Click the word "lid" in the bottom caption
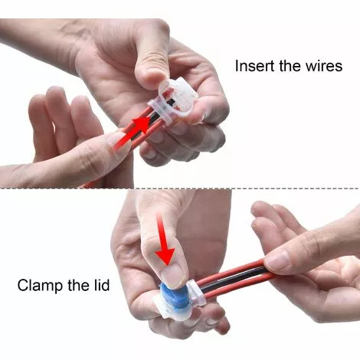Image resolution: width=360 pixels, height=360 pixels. [101, 285]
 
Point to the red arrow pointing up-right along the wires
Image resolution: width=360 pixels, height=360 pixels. [133, 133]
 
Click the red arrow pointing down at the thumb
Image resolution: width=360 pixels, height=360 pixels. [165, 240]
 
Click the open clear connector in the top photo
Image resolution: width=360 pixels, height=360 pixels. [176, 102]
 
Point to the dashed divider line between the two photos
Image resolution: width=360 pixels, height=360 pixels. [180, 188]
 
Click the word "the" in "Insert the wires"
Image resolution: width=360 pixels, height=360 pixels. [290, 66]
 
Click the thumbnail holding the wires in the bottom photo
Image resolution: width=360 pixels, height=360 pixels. [278, 262]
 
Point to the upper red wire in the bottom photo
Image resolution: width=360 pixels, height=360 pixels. [231, 273]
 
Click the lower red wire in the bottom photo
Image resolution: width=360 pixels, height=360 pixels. [237, 286]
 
